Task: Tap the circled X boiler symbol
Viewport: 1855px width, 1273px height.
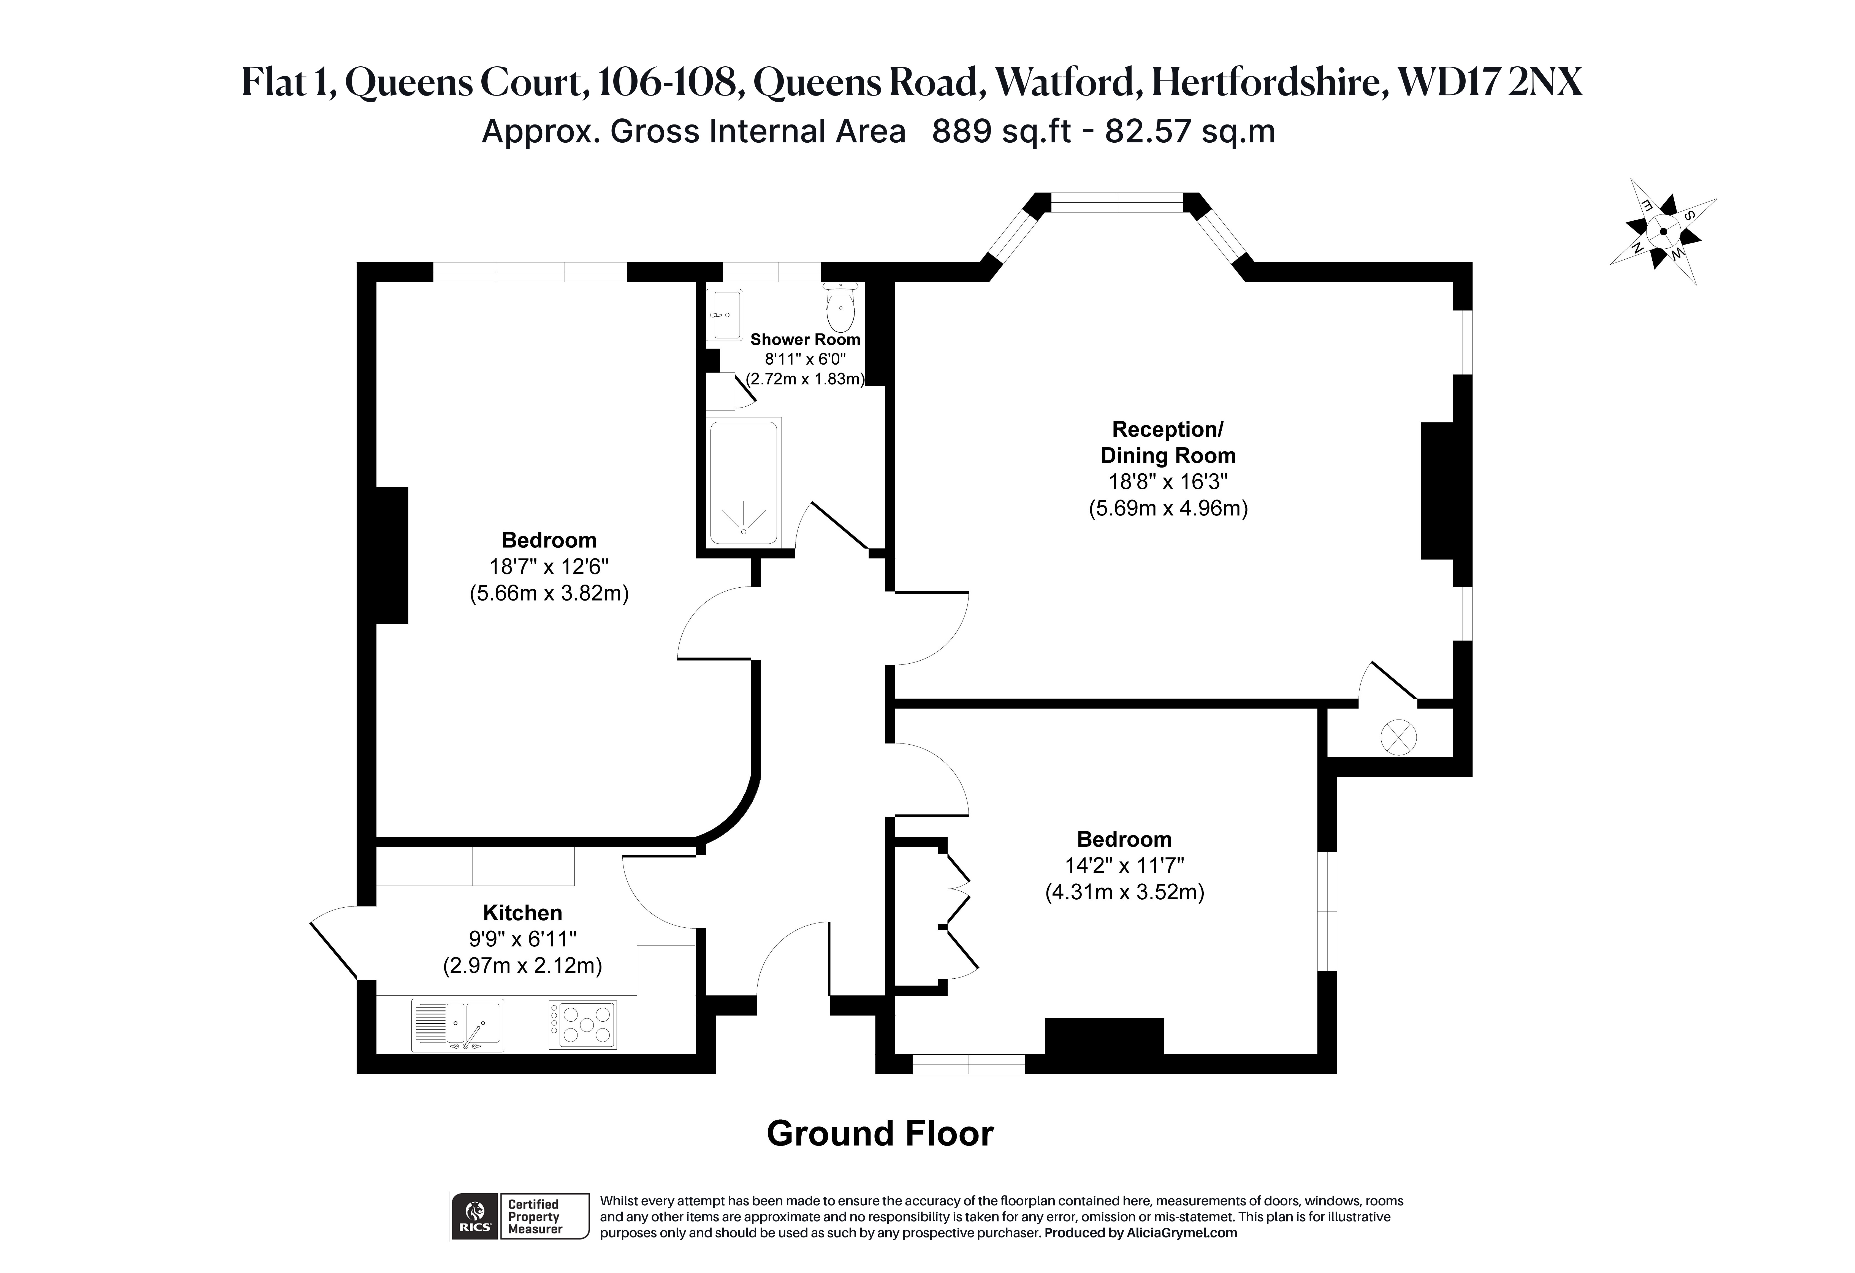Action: pyautogui.click(x=1398, y=737)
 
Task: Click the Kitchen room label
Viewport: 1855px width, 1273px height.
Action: pyautogui.click(x=523, y=912)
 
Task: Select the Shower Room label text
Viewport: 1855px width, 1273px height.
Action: pyautogui.click(x=806, y=339)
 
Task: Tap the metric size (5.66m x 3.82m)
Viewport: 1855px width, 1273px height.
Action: pyautogui.click(x=549, y=593)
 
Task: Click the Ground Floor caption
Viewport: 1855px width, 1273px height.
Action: pyautogui.click(x=880, y=1133)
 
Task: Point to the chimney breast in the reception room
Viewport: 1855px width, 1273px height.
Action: pyautogui.click(x=1436, y=490)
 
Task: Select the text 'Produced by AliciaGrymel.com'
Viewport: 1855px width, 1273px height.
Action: pyautogui.click(x=1141, y=1232)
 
